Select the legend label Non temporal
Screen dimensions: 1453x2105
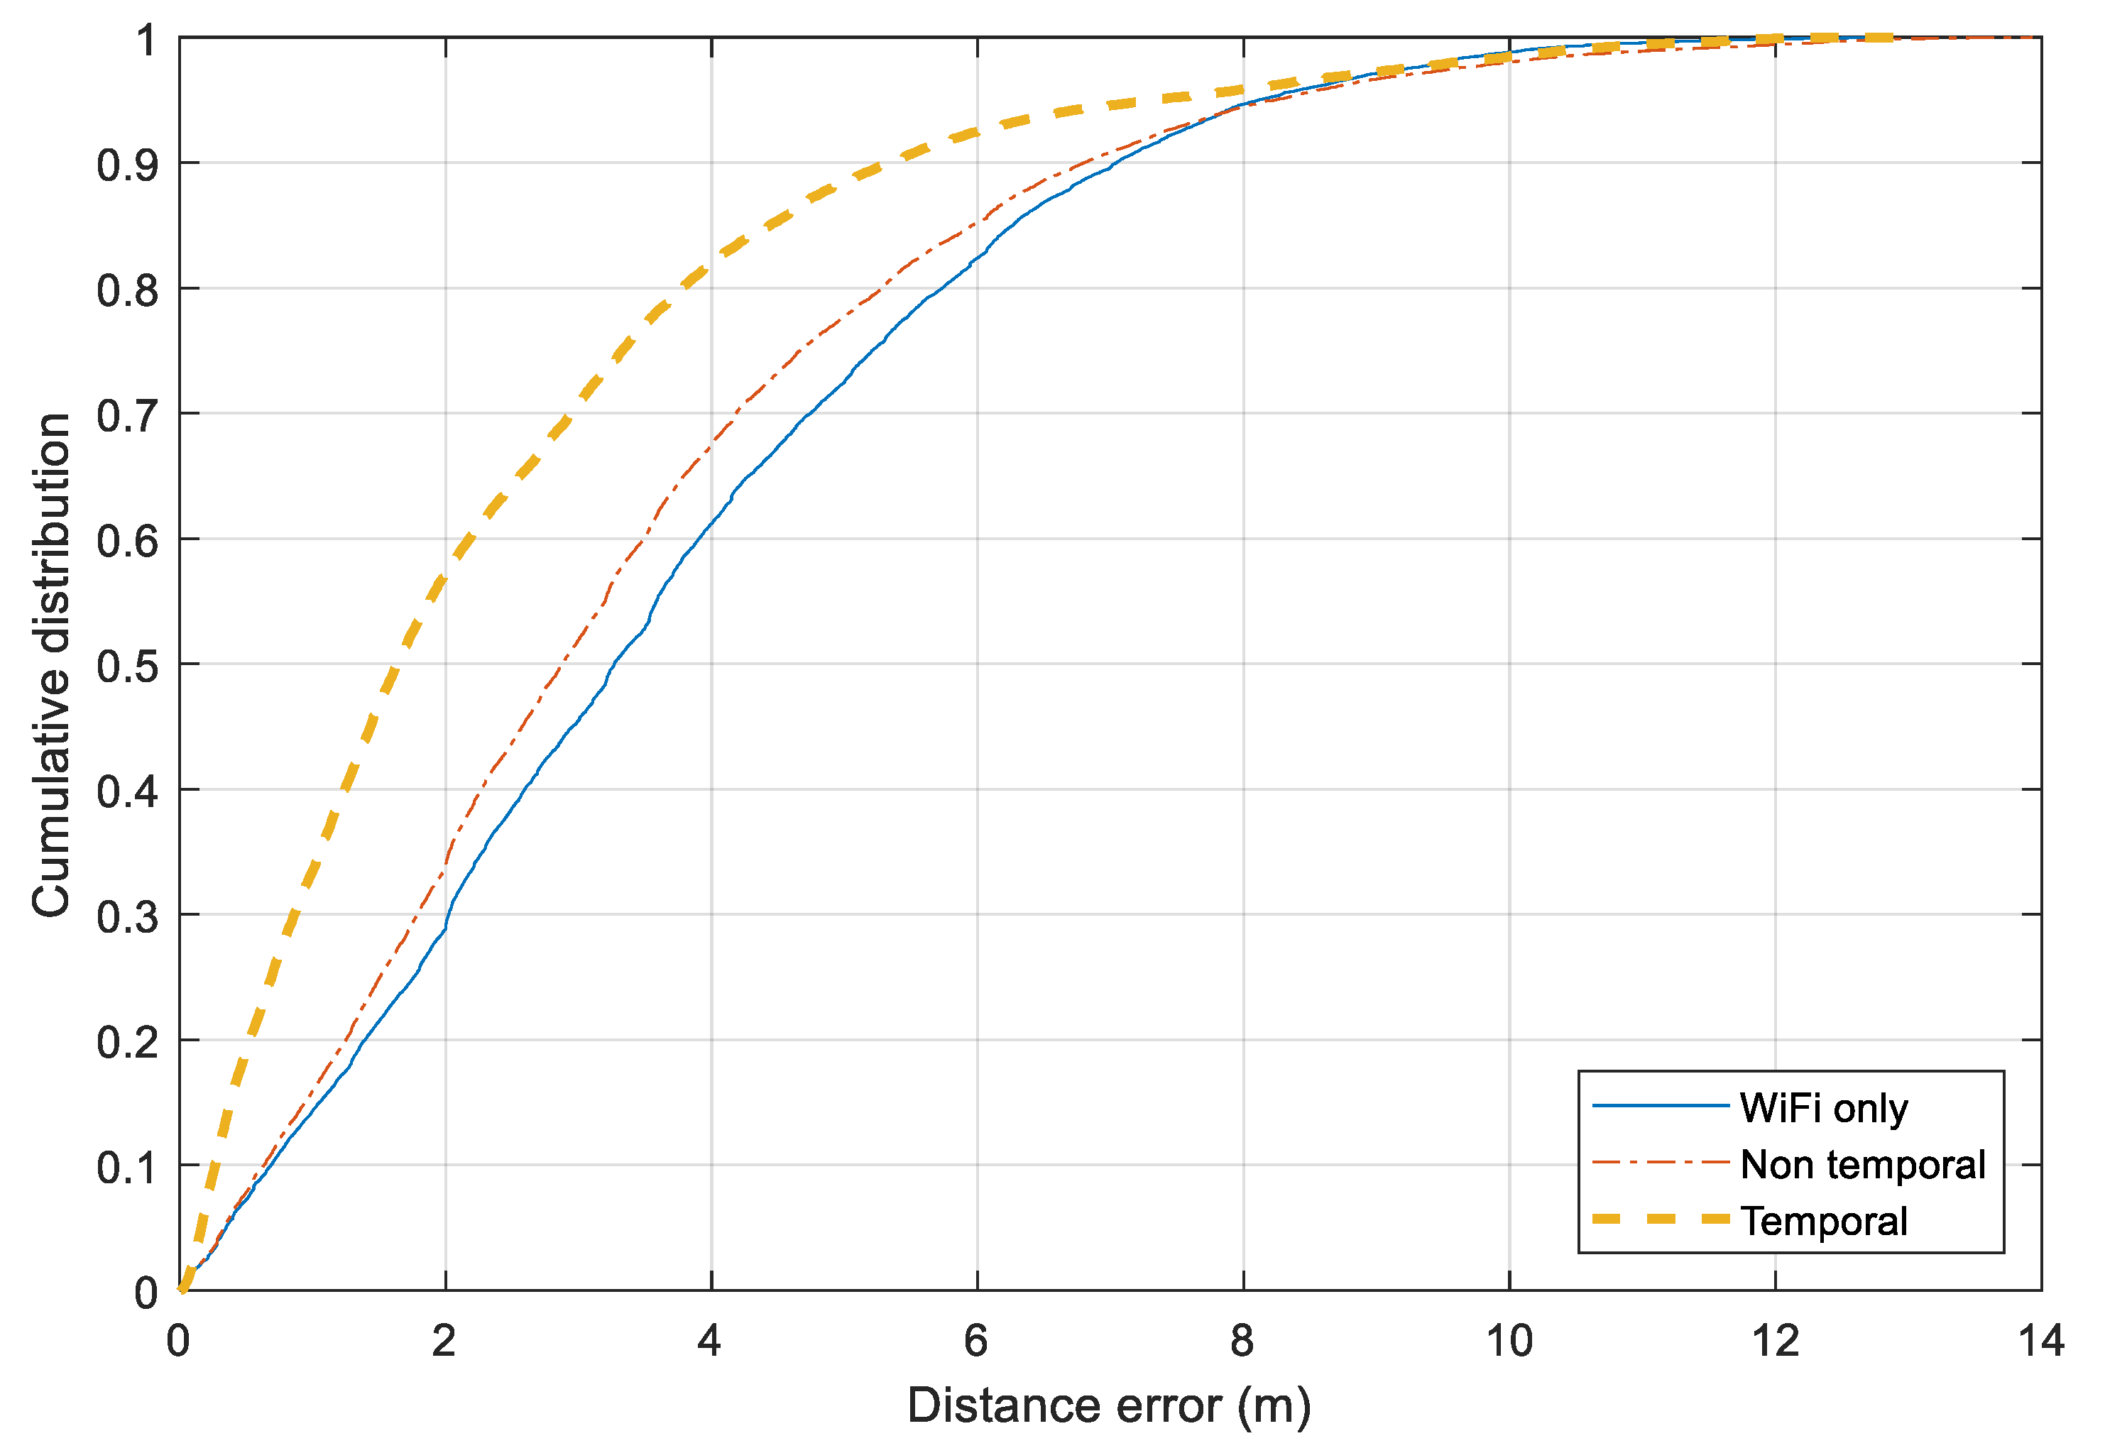tap(1862, 1166)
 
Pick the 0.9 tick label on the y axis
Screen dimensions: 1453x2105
tap(128, 165)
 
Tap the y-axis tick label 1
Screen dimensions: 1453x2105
tap(146, 41)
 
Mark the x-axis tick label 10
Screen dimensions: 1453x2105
tap(1509, 1341)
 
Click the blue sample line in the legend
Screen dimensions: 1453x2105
tap(1659, 1106)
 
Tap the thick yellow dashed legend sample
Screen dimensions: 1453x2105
tap(1659, 1219)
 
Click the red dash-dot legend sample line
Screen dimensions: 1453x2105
tap(1659, 1163)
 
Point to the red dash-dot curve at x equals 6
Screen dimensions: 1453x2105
tap(977, 224)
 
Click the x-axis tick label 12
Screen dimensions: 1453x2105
tap(1774, 1341)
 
